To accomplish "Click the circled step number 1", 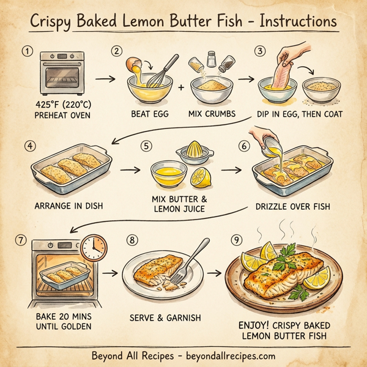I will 26,51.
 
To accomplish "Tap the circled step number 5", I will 145,147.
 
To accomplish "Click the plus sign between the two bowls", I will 181,87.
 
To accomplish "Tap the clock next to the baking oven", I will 92,247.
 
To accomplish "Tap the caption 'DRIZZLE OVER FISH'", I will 292,206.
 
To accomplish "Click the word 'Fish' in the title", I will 230,21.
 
